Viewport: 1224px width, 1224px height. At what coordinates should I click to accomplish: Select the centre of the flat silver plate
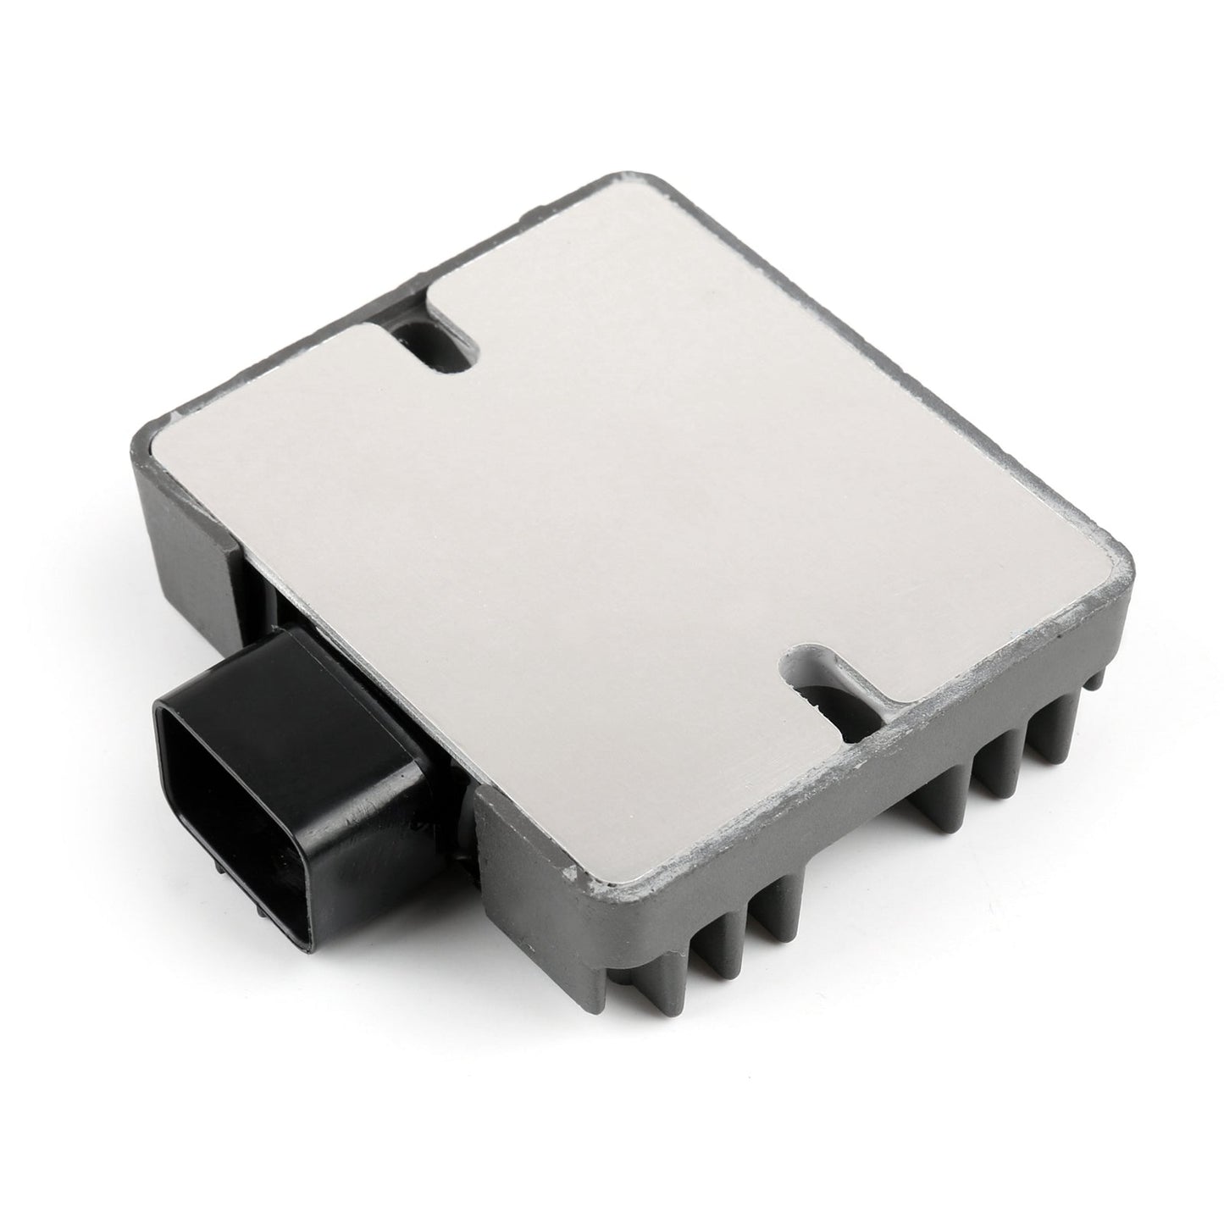click(x=635, y=525)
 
